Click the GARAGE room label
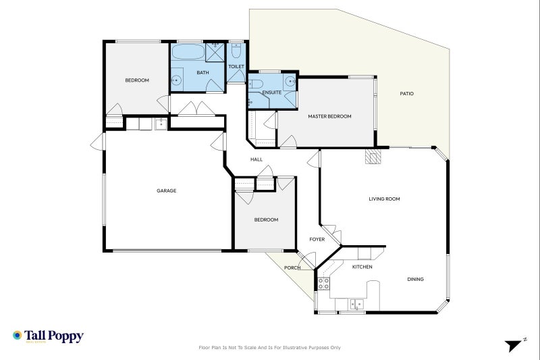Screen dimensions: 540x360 click(x=166, y=190)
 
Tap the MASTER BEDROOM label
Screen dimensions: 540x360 click(x=329, y=116)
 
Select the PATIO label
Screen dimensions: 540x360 click(x=407, y=93)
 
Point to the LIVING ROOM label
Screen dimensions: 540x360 click(x=384, y=199)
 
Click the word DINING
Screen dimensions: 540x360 click(x=415, y=279)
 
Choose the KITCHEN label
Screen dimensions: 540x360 click(x=362, y=267)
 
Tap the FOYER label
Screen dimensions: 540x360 click(x=317, y=239)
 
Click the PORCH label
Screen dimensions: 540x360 click(x=292, y=267)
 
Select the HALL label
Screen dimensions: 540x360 click(x=256, y=159)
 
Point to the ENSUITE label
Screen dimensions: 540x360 click(x=272, y=93)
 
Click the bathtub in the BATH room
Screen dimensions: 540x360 click(x=188, y=52)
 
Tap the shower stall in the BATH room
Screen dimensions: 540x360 click(x=215, y=53)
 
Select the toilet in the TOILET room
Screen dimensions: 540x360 click(x=236, y=51)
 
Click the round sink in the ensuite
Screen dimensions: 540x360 click(x=290, y=82)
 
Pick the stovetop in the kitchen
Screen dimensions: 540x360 click(x=323, y=284)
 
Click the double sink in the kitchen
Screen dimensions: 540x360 click(x=356, y=304)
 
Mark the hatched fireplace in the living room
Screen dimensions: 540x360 click(x=373, y=156)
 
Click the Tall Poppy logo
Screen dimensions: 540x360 click(x=48, y=336)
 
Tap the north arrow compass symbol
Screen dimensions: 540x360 click(x=515, y=344)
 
